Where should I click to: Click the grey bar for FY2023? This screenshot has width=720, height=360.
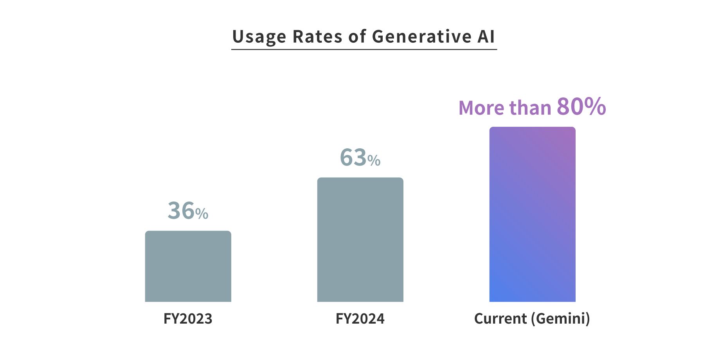pos(188,266)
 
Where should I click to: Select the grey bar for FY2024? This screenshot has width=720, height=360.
pos(360,239)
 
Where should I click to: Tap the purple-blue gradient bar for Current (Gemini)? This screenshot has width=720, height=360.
pos(532,214)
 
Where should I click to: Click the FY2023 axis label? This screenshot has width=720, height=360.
pos(188,319)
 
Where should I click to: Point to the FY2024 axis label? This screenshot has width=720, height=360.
pos(360,319)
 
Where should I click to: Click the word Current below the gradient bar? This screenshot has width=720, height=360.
pos(500,319)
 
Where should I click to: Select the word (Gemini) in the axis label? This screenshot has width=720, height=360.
pos(560,319)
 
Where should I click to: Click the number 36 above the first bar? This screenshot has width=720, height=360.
pos(181,211)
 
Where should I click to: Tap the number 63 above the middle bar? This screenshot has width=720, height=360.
pos(353,157)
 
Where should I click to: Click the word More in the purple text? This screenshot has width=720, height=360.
pos(481,108)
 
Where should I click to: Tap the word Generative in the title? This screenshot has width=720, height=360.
pos(421,37)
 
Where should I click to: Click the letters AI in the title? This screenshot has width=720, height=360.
pos(486,37)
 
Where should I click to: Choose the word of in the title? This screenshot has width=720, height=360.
pos(357,37)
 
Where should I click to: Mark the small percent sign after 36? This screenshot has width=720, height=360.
pos(202,214)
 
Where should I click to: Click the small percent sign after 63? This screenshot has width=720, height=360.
pos(374,160)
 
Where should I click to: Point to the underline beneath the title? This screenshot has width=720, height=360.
pos(364,49)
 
